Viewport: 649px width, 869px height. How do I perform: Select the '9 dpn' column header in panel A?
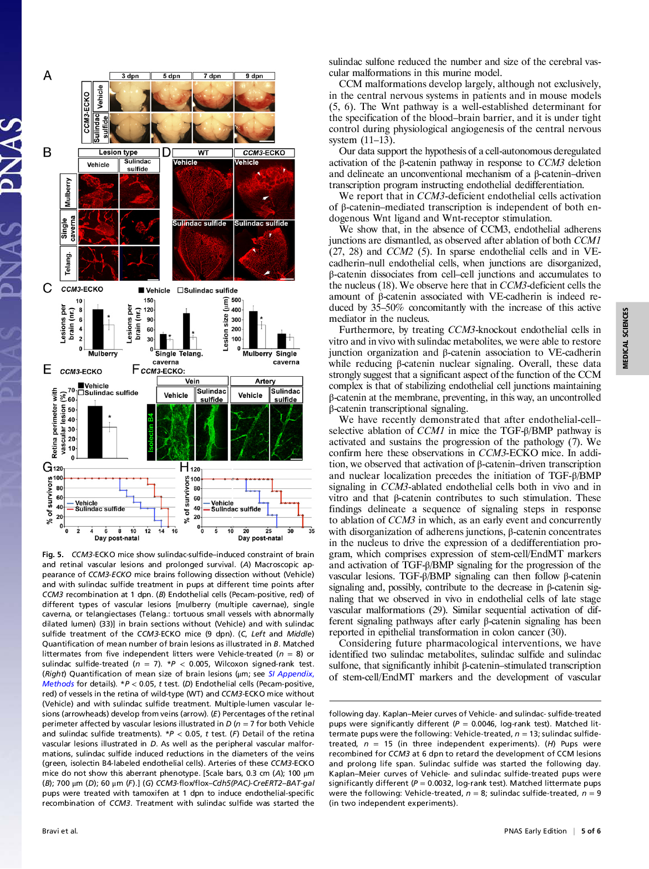point(255,76)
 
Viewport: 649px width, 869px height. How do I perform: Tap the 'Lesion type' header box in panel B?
point(118,153)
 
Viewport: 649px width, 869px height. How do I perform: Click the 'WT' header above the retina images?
point(203,153)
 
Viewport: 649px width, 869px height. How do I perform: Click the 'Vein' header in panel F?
point(192,381)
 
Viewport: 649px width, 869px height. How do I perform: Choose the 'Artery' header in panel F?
point(265,381)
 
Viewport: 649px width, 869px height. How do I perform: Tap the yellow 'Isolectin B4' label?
point(150,432)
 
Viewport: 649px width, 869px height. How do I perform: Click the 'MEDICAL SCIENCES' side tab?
point(626,338)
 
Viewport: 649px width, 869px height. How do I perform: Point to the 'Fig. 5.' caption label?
point(53,554)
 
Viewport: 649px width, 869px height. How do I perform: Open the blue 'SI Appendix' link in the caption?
point(291,674)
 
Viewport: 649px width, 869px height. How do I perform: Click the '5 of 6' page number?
point(591,831)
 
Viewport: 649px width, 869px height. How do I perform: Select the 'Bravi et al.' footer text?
point(60,831)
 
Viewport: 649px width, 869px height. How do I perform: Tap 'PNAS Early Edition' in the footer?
point(535,831)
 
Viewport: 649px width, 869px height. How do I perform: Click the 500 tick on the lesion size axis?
point(236,300)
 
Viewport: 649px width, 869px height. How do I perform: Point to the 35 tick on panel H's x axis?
point(311,531)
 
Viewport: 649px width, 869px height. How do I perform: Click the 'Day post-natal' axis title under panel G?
point(116,538)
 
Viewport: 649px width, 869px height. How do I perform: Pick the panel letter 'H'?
point(185,467)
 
